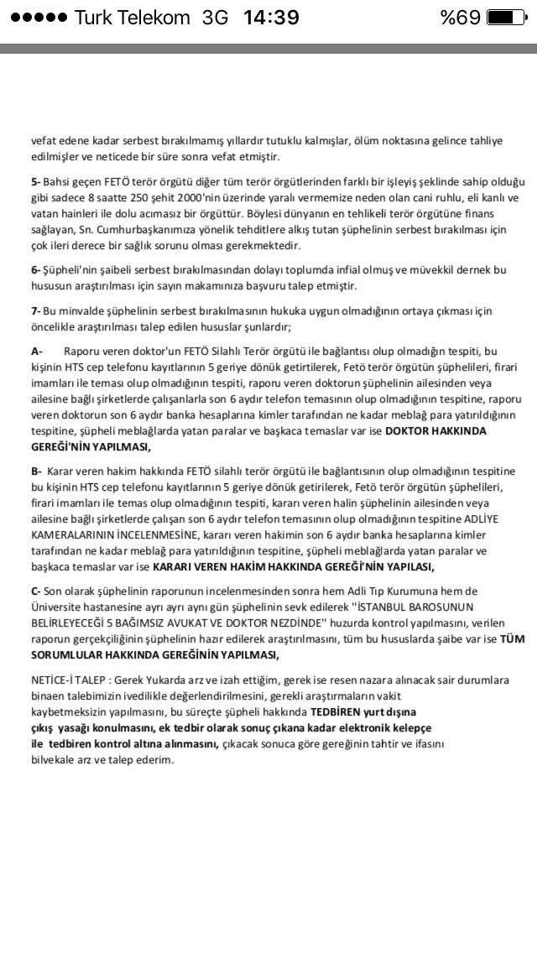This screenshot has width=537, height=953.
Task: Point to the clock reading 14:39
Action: tap(272, 18)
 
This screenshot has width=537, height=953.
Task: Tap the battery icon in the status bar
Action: tap(506, 18)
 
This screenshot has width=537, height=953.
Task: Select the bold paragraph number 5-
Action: tap(36, 182)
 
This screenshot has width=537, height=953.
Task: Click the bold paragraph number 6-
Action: tap(36, 270)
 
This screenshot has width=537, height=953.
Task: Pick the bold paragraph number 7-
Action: tap(36, 310)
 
